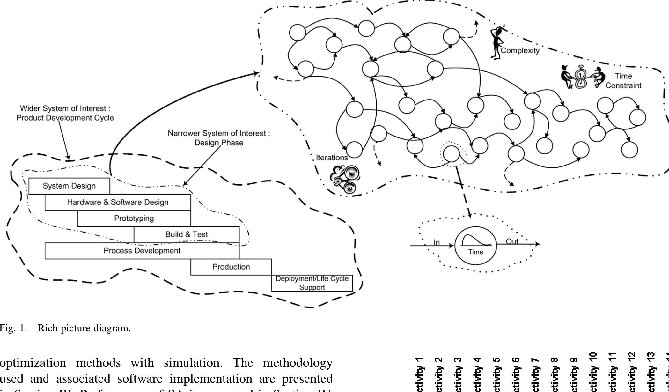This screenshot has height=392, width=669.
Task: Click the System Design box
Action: pos(69,186)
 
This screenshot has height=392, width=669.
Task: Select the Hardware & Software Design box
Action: pos(118,202)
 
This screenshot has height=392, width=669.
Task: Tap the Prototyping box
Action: pos(134,218)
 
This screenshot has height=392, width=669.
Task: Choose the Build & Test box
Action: pos(187,234)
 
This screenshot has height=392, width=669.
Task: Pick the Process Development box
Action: pos(142,251)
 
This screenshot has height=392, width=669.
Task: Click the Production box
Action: pos(231,267)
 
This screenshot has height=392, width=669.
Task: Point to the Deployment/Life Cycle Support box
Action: pos(312,283)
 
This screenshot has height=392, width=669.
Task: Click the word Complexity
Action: pos(520,50)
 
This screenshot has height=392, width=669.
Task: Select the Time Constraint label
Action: pos(623,81)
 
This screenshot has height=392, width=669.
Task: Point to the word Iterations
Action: pos(332,158)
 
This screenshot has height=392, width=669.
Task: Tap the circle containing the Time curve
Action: pos(475,245)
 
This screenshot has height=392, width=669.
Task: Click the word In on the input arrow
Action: pos(437,243)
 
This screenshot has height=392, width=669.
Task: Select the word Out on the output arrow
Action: pos(512,241)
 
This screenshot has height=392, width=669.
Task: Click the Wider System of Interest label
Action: pos(65,113)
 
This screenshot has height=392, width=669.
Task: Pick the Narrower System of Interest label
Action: pos(219,138)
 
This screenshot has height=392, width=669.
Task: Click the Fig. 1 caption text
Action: pos(65,328)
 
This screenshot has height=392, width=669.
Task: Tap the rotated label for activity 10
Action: pos(593,372)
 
